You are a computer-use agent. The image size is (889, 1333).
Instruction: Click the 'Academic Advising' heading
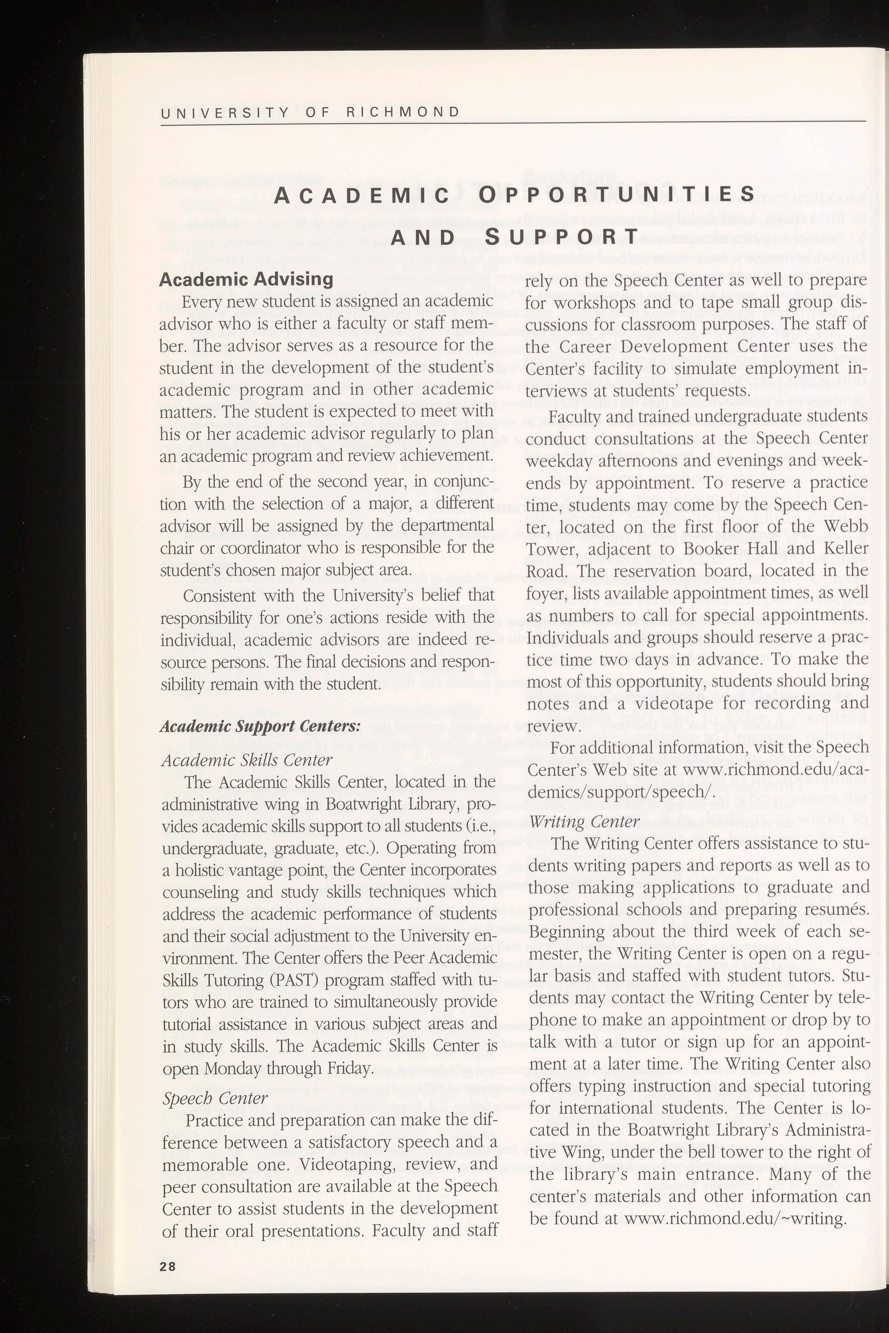[246, 279]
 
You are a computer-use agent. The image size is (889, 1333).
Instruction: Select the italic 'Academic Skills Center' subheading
[247, 759]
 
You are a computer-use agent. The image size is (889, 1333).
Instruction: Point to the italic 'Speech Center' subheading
[215, 1098]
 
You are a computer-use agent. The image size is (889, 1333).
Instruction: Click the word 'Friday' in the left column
[349, 1069]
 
